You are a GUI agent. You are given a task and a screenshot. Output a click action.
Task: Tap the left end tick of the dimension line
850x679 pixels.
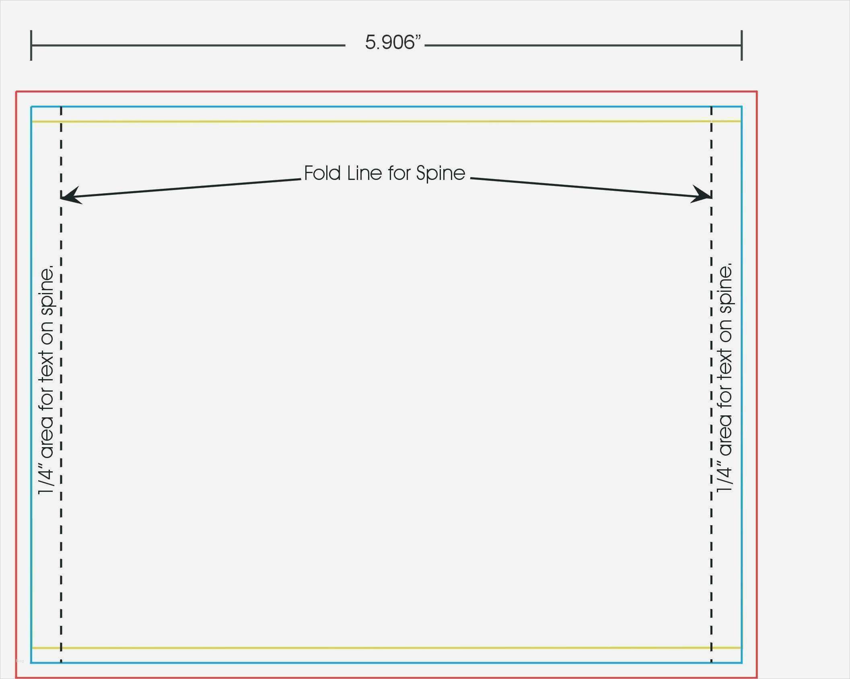pos(31,45)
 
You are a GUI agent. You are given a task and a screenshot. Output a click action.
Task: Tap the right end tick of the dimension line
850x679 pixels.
pos(741,45)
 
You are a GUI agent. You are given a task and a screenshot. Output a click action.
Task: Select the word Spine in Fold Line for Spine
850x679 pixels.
pos(441,174)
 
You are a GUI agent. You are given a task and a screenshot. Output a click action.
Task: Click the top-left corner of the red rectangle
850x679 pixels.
pos(16,92)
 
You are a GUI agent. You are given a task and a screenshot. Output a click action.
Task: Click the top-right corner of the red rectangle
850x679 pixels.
pos(757,92)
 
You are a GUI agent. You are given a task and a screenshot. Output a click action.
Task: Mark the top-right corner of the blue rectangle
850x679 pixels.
pos(741,107)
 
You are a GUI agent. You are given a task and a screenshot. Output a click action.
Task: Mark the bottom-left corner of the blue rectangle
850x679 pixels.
pos(31,662)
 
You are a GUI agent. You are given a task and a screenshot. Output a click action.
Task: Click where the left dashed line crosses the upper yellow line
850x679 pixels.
pos(61,121)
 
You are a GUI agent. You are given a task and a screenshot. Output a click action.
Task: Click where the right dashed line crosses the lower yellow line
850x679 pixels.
pos(711,648)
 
